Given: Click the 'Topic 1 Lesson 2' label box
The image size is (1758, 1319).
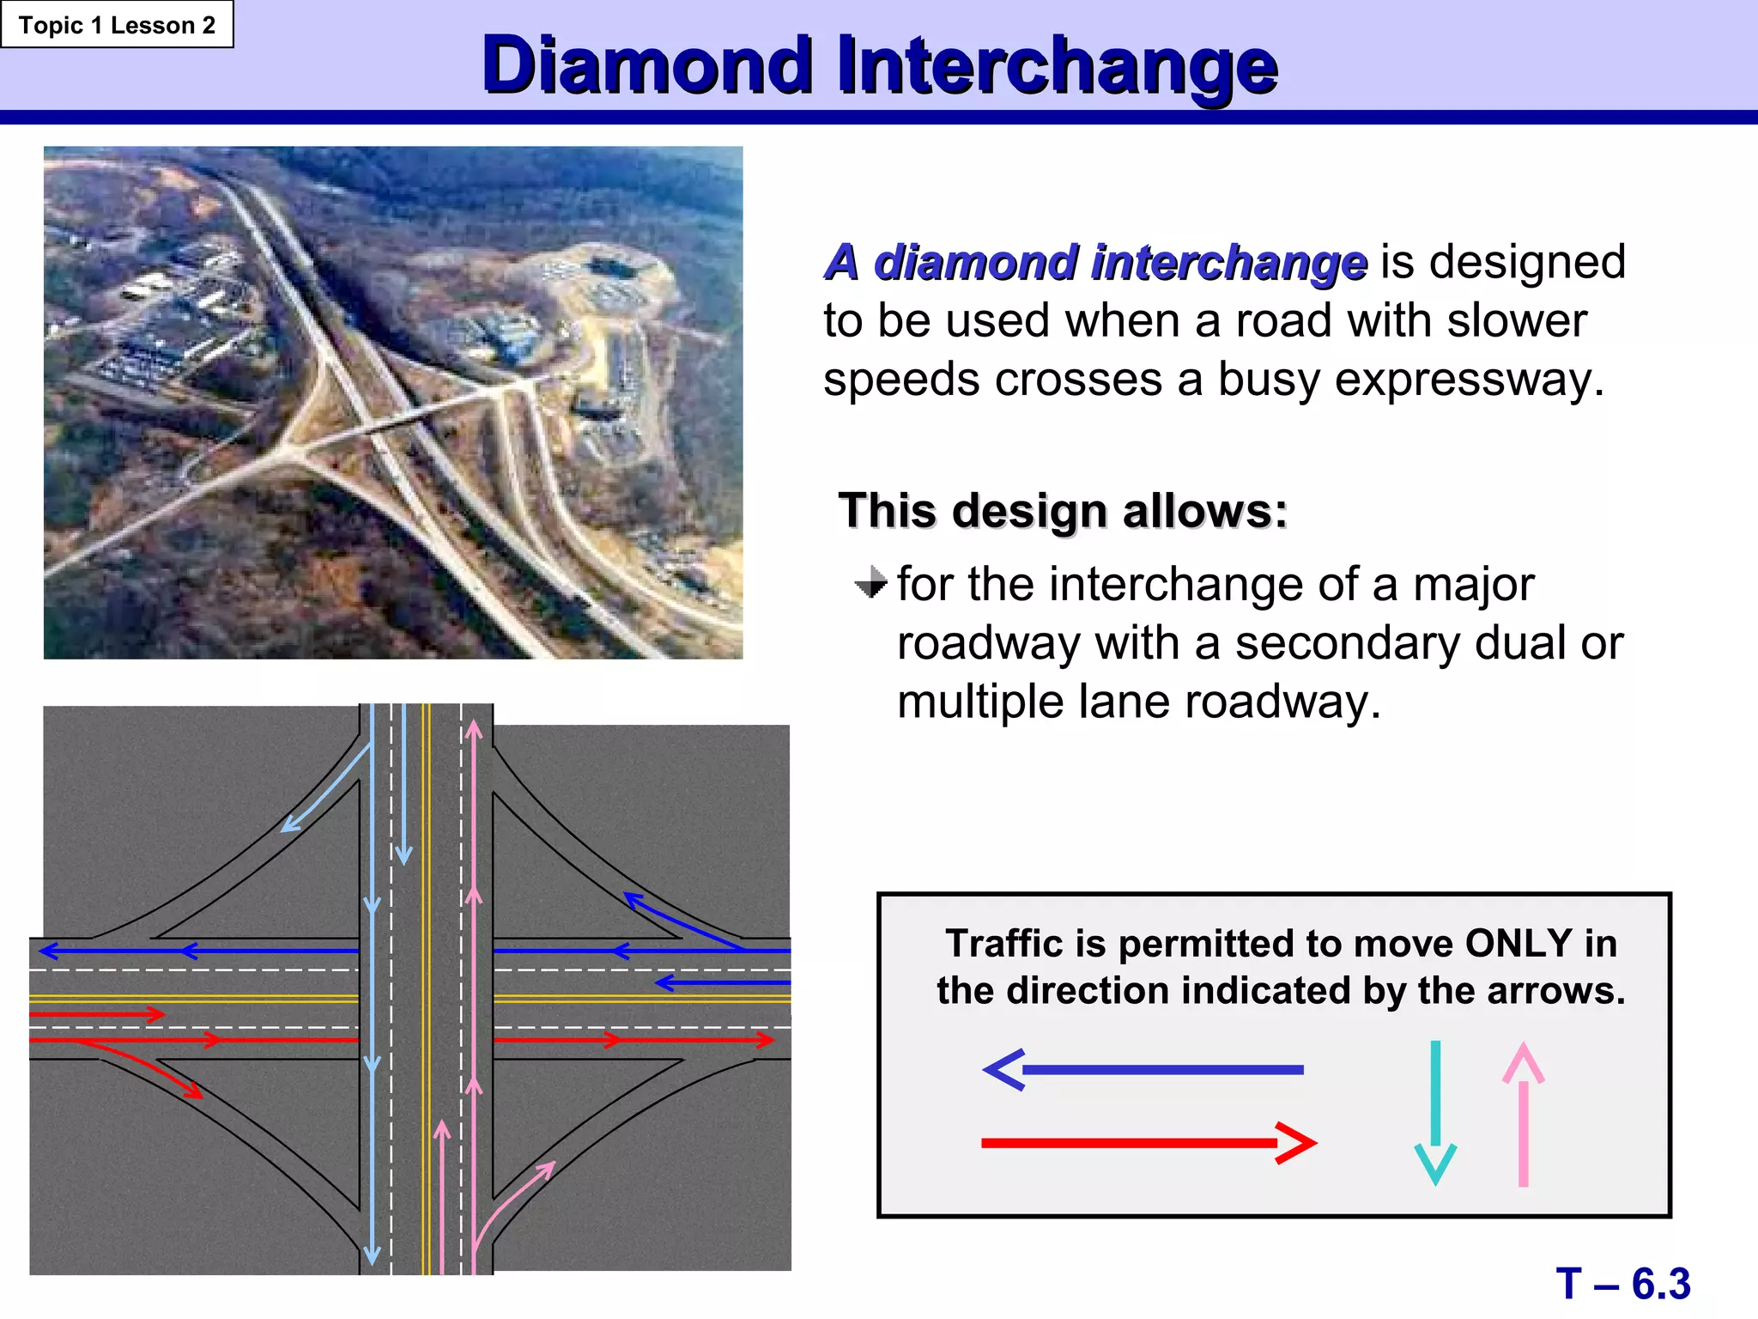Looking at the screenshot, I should pyautogui.click(x=117, y=25).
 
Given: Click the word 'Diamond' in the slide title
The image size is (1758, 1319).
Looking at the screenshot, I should pyautogui.click(x=648, y=65).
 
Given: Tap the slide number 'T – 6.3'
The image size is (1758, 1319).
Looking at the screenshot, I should pyautogui.click(x=1622, y=1284).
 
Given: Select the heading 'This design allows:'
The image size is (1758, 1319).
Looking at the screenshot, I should pyautogui.click(x=1063, y=511).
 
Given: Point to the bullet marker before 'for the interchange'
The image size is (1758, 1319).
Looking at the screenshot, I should pyautogui.click(x=871, y=583).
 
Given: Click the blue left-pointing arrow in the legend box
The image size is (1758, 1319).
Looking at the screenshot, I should pyautogui.click(x=1142, y=1070).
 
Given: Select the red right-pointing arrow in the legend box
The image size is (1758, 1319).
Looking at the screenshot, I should pyautogui.click(x=1149, y=1143).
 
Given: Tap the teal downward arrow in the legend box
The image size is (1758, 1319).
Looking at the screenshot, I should pyautogui.click(x=1435, y=1112).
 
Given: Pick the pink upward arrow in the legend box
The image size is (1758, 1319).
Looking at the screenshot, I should pyautogui.click(x=1524, y=1114).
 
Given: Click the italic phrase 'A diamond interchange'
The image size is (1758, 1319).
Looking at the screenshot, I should pyautogui.click(x=1095, y=262).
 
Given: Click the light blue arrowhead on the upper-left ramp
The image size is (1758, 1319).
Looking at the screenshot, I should pyautogui.click(x=290, y=824).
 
